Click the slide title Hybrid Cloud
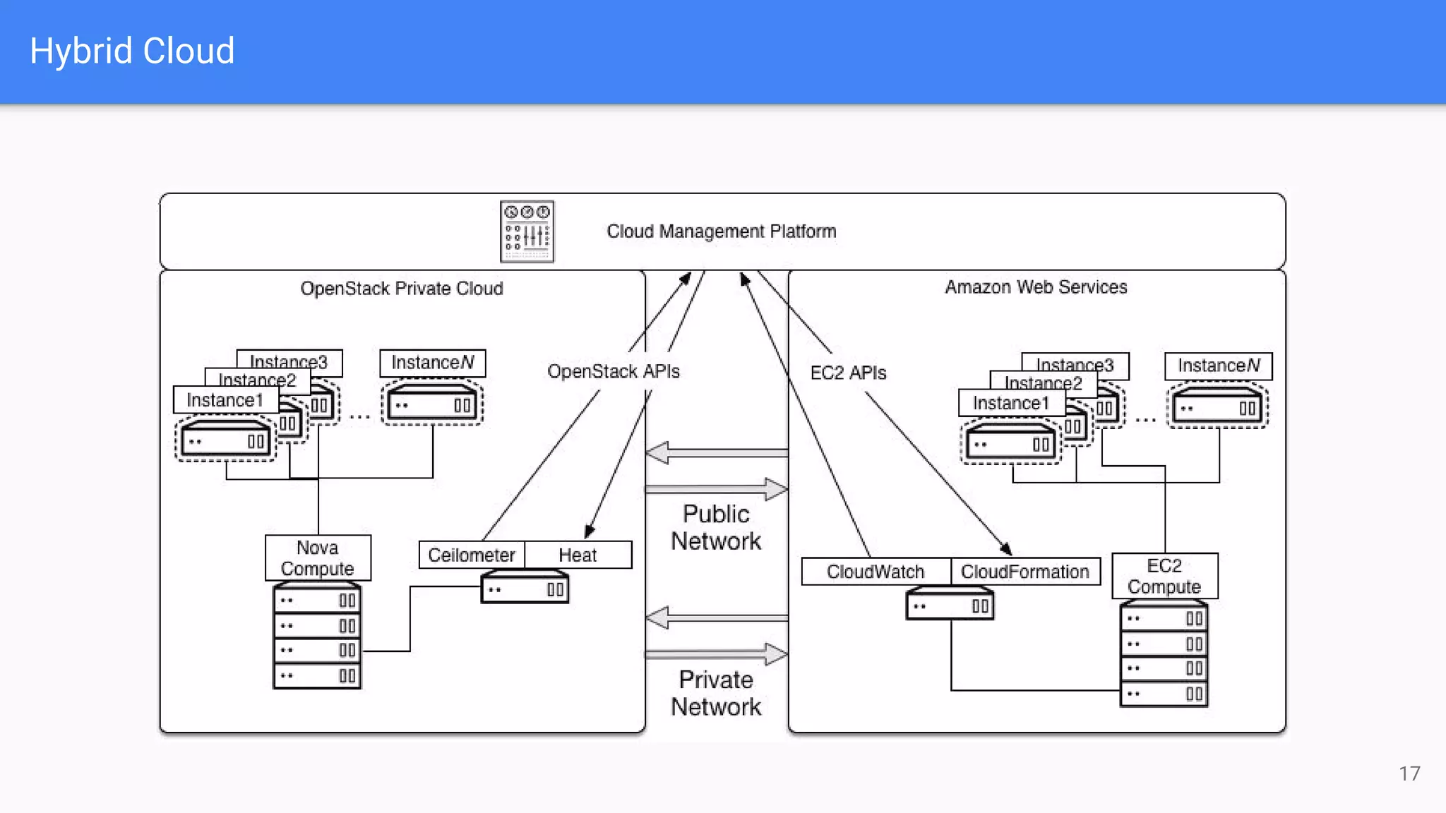click(x=132, y=51)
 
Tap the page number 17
click(x=1409, y=773)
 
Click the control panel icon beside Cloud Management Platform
click(x=527, y=231)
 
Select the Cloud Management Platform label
click(x=721, y=231)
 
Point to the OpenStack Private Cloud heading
click(x=401, y=289)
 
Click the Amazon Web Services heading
click(x=1036, y=287)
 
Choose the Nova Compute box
click(x=318, y=558)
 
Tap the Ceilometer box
click(x=471, y=555)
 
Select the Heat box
click(x=578, y=555)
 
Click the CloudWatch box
click(x=876, y=572)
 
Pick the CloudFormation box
click(x=1025, y=572)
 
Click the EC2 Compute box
click(x=1164, y=576)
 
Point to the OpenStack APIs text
click(x=613, y=372)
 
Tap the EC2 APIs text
click(x=848, y=373)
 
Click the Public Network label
click(x=716, y=527)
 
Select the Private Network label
click(x=716, y=693)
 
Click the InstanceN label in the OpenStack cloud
click(x=432, y=363)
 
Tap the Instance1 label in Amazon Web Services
click(x=1011, y=403)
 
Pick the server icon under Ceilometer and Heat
click(x=525, y=589)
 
